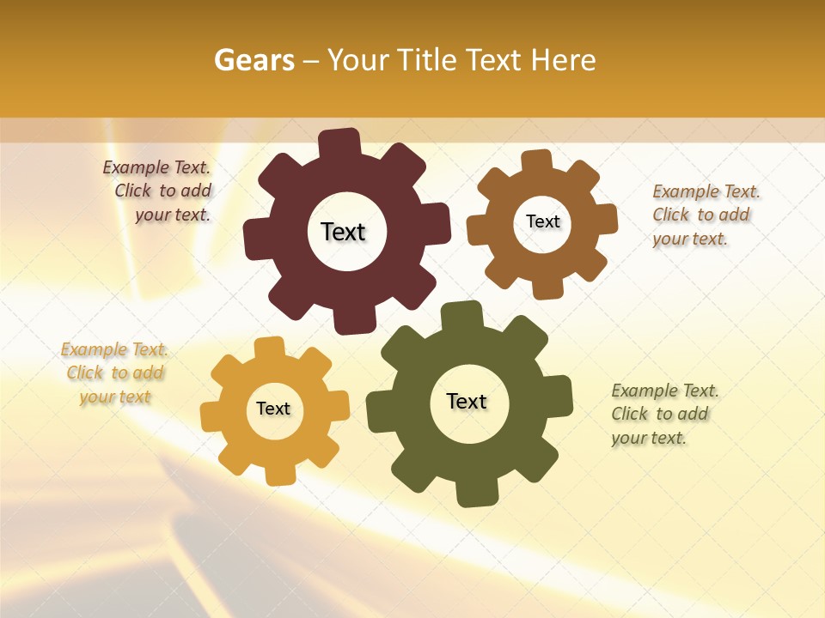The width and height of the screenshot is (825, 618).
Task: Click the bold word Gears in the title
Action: (254, 61)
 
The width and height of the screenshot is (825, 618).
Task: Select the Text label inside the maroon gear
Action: (343, 232)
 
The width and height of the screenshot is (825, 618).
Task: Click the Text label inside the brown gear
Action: (542, 221)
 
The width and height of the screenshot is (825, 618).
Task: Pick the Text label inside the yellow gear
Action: (273, 409)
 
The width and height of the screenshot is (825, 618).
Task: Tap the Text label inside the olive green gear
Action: (467, 402)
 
